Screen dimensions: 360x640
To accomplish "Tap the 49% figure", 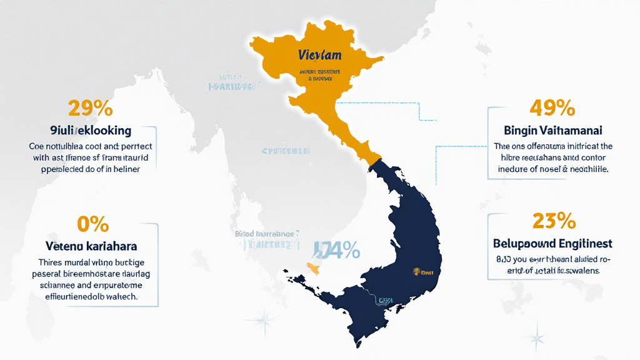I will click(552, 108).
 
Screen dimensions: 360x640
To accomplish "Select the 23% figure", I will click(553, 221).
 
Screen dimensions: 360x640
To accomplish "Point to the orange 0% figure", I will click(92, 224).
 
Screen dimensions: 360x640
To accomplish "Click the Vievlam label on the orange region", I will click(320, 55).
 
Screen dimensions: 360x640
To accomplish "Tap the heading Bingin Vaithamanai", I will click(552, 131).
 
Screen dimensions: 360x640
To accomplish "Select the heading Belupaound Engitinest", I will click(552, 243).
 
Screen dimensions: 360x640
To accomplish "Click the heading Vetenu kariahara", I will click(92, 246).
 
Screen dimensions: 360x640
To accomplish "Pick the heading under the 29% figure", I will click(91, 131).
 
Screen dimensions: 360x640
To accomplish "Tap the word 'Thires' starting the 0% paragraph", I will click(51, 262).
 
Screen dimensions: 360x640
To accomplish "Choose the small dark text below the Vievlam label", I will click(320, 76).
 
